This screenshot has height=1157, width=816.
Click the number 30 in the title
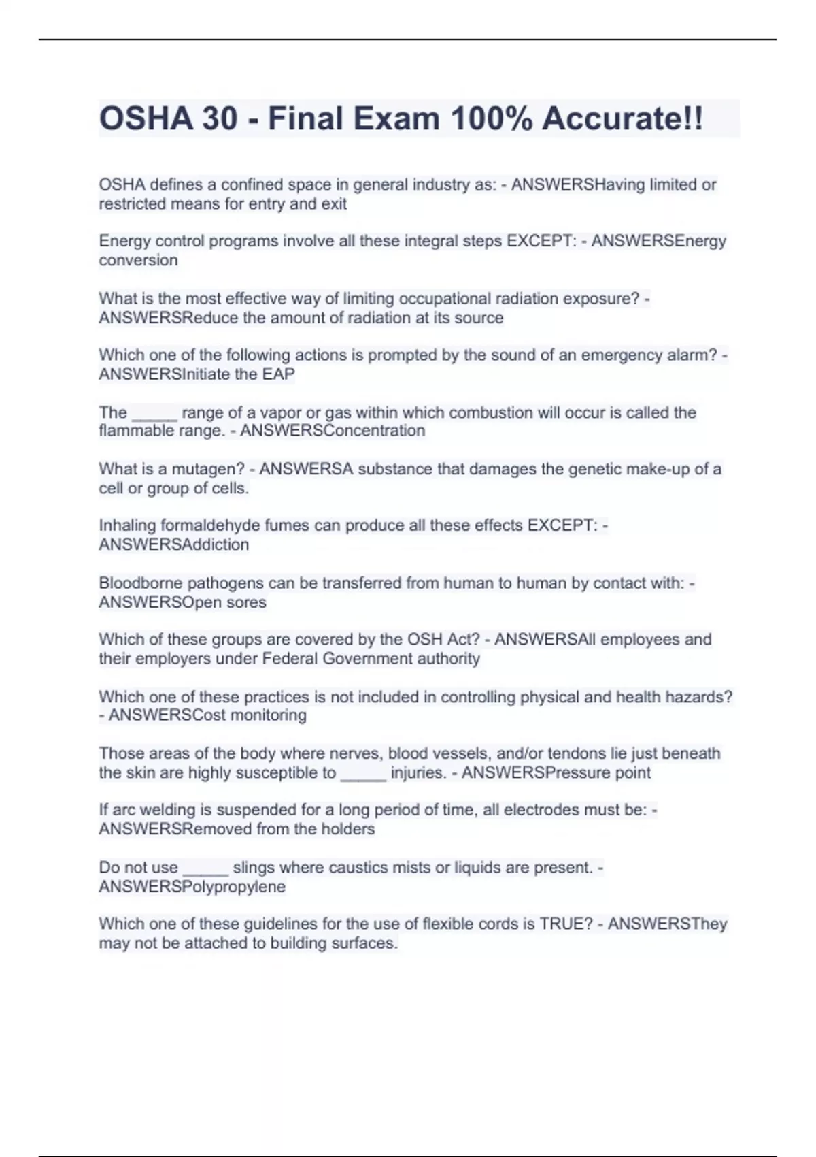point(220,118)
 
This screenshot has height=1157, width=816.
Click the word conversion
point(138,260)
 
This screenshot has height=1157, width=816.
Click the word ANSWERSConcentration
point(333,430)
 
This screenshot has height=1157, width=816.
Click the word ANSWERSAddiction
point(174,544)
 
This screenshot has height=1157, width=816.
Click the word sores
point(247,602)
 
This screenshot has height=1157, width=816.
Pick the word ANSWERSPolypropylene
point(192,887)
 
